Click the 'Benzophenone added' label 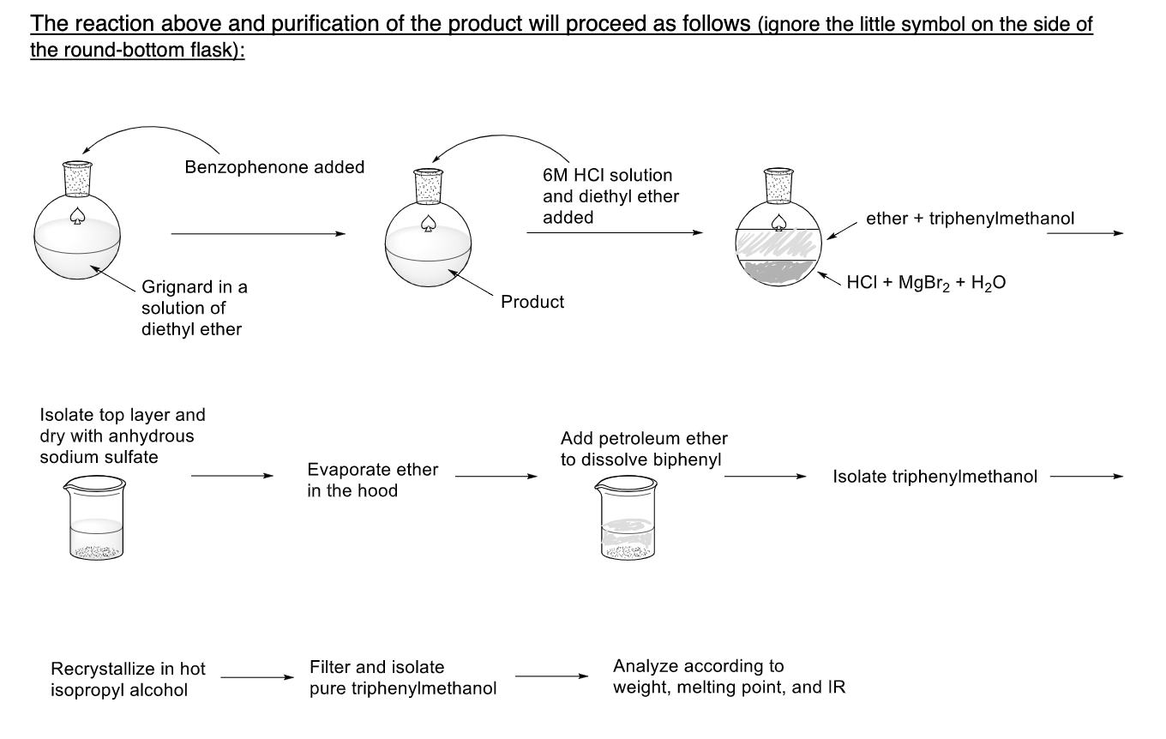(274, 167)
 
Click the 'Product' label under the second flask (532, 302)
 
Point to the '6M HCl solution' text (607, 175)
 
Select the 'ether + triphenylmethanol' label (970, 219)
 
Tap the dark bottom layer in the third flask (778, 272)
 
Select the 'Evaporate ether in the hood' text (372, 480)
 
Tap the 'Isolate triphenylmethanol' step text (935, 477)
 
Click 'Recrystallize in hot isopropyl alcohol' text (128, 679)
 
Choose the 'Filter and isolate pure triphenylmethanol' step (403, 677)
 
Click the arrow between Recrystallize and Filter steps (252, 677)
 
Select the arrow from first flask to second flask (258, 233)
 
